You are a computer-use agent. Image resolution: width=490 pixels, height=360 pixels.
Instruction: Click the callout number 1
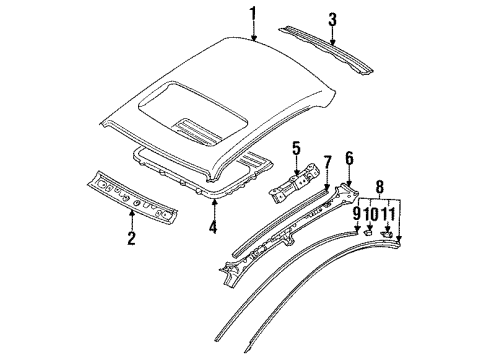[x=253, y=14]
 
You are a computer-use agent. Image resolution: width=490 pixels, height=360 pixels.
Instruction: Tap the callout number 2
[x=131, y=238]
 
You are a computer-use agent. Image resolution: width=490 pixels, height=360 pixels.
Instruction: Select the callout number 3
[x=332, y=20]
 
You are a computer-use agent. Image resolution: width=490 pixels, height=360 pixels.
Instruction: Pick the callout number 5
[x=297, y=149]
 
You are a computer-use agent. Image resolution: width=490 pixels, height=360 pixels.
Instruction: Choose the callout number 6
[x=349, y=158]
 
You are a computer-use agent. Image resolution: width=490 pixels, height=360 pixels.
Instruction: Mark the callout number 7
[x=328, y=162]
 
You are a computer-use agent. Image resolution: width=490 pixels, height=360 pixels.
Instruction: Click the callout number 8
[x=380, y=187]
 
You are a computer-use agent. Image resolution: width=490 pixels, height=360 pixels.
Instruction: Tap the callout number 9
[x=356, y=214]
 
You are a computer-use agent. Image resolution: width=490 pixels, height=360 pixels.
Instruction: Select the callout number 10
[x=370, y=214]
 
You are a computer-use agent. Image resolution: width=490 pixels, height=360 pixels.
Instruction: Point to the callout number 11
[x=387, y=214]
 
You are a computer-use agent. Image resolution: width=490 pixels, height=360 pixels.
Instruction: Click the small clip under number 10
[x=368, y=232]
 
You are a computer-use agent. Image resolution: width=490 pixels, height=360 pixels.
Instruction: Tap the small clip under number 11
[x=387, y=234]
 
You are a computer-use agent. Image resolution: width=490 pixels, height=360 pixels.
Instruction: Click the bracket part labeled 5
[x=294, y=183]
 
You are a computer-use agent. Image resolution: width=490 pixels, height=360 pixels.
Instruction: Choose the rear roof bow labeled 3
[x=326, y=49]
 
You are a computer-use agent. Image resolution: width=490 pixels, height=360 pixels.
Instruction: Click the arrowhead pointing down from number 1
[x=254, y=38]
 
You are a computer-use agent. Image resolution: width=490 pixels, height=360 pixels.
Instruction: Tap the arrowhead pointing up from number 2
[x=132, y=213]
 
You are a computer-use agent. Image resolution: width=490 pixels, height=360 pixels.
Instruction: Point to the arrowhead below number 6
[x=349, y=183]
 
